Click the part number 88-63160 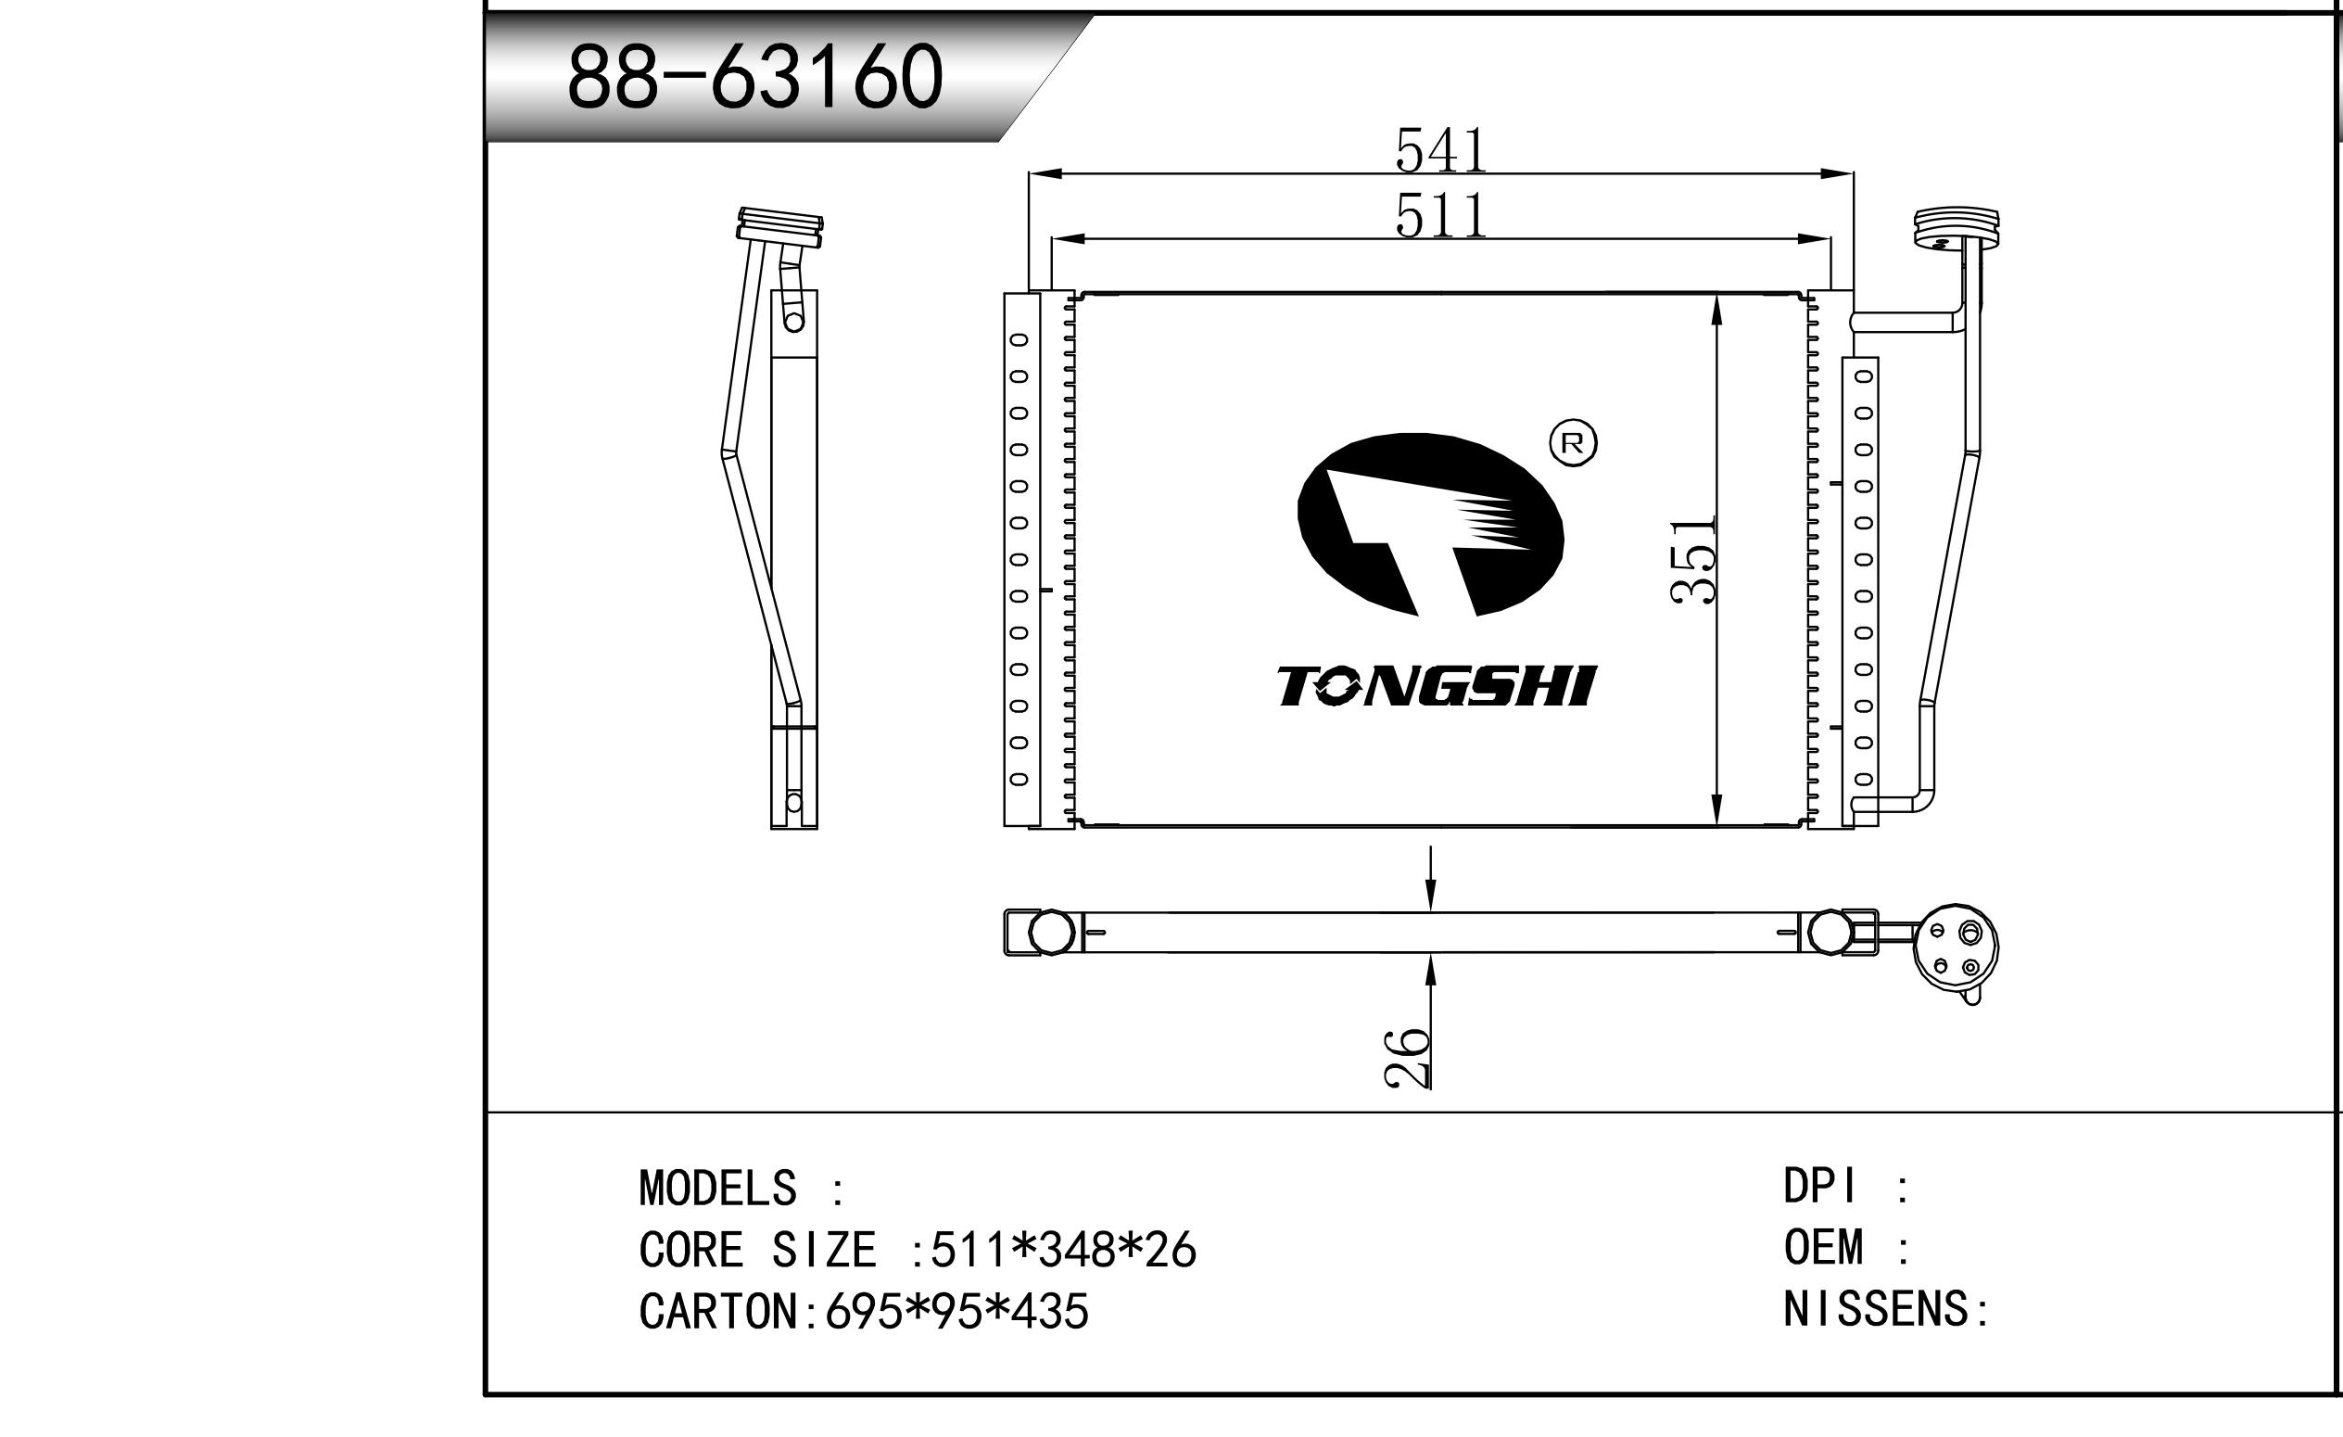click(x=754, y=77)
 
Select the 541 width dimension click(x=1440, y=150)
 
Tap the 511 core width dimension click(x=1440, y=216)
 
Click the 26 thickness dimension click(x=1406, y=1058)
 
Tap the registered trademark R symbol click(x=1574, y=443)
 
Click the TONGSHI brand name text click(x=1436, y=687)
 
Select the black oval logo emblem click(x=1430, y=524)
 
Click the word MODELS click(x=718, y=1189)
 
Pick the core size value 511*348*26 click(x=1063, y=1250)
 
